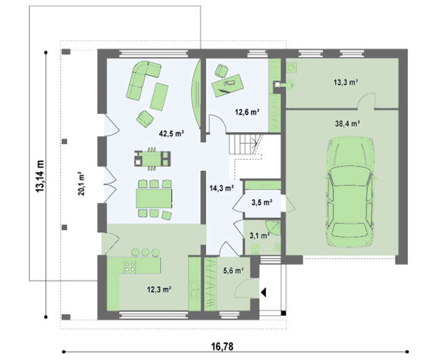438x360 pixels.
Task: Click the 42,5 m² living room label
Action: click(x=171, y=133)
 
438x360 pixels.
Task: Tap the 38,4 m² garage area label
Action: click(x=347, y=123)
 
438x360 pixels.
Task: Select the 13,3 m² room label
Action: click(x=346, y=82)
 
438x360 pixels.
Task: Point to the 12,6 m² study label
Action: click(x=247, y=112)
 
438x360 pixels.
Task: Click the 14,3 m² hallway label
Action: click(x=222, y=188)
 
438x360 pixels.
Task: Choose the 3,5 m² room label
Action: click(x=262, y=202)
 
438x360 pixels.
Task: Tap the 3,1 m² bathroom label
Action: click(x=260, y=236)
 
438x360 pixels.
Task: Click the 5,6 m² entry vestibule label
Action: click(x=233, y=270)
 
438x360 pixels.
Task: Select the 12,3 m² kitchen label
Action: click(x=159, y=289)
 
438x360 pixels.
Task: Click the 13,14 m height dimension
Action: click(x=39, y=176)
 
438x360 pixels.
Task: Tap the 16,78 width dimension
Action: click(x=222, y=347)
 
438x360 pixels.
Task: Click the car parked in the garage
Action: click(x=350, y=192)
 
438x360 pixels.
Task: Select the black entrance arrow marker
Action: click(x=263, y=292)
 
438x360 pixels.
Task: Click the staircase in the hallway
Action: click(x=245, y=144)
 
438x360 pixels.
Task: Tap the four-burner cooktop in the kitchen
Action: click(x=130, y=266)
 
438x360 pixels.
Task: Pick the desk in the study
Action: click(x=227, y=85)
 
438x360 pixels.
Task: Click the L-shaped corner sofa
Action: click(x=143, y=80)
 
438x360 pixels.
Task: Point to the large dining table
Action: click(x=154, y=198)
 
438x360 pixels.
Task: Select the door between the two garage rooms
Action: click(x=366, y=101)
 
